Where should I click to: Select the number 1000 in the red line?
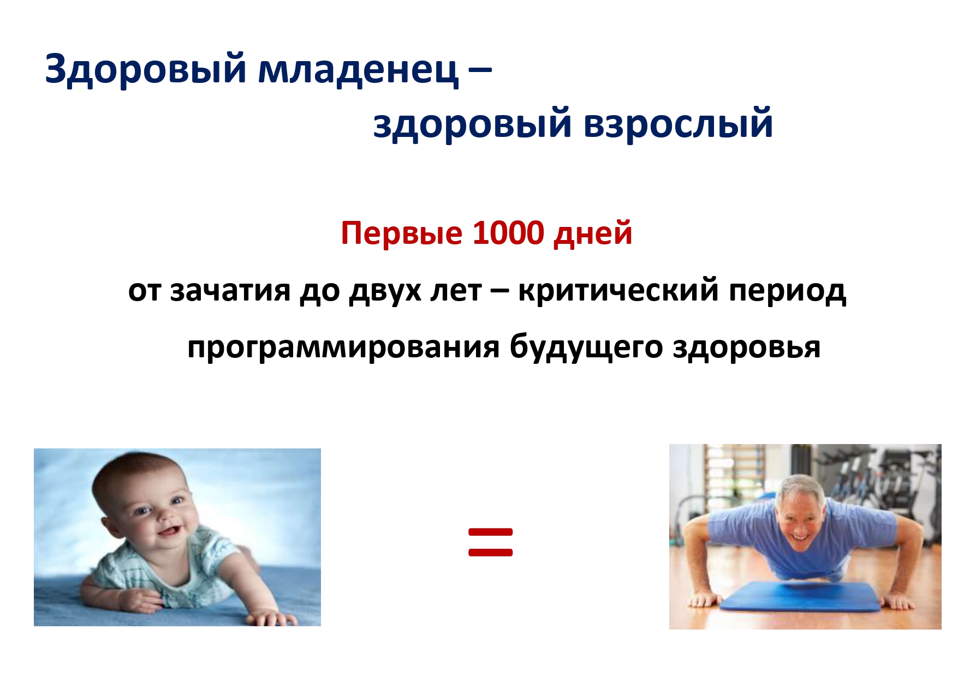point(508,233)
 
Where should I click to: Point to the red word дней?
point(593,234)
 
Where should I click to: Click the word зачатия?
point(230,290)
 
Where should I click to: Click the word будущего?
point(586,346)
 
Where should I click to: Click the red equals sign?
point(491,542)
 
